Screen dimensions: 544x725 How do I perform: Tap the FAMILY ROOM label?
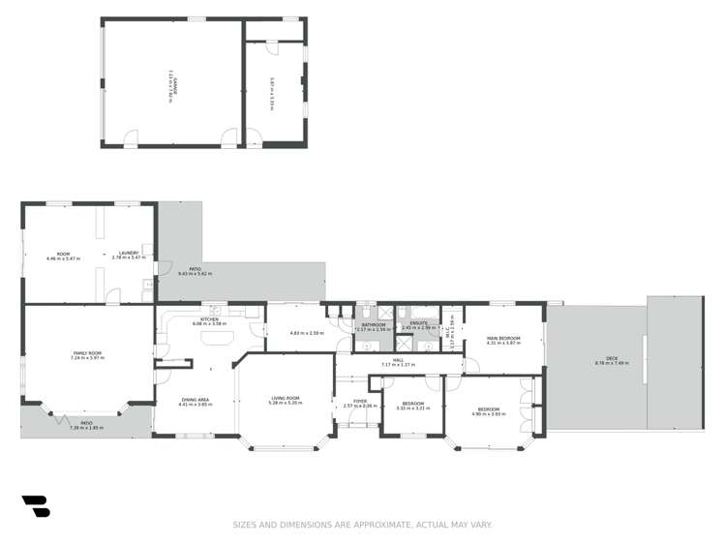coord(88,353)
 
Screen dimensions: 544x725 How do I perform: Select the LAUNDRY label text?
coord(129,253)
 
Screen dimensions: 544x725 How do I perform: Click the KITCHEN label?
coord(210,318)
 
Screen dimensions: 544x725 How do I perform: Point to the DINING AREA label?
coord(196,399)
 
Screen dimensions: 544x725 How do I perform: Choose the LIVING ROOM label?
coord(286,398)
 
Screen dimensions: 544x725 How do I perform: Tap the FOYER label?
coord(360,401)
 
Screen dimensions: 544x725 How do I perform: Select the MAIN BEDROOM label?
coord(503,338)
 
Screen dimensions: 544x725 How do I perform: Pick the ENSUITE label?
coord(419,323)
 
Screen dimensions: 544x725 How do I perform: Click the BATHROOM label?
coord(374,324)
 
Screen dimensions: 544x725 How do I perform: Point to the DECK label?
coord(612,358)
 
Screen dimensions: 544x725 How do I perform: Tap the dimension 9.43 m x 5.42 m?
coord(195,274)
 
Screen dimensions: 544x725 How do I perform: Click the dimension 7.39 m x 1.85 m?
coord(86,428)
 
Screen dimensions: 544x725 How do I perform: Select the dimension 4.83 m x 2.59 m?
coord(306,333)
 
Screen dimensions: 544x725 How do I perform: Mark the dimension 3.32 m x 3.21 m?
coord(413,408)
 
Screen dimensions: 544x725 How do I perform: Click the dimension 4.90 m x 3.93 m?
coord(489,413)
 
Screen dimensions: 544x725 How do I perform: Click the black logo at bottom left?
coord(36,506)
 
